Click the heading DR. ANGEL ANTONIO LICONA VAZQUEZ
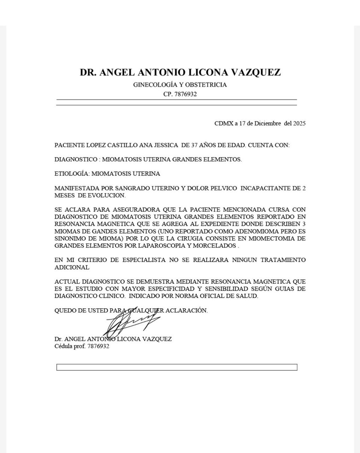tap(180, 72)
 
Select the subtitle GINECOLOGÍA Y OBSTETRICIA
tap(180, 85)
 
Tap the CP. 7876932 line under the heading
tap(180, 94)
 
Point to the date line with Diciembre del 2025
tap(260, 124)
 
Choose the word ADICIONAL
tap(72, 267)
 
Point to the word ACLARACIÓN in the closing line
tap(187, 310)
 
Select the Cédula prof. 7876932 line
tap(82, 346)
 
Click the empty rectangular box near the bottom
tap(177, 367)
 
